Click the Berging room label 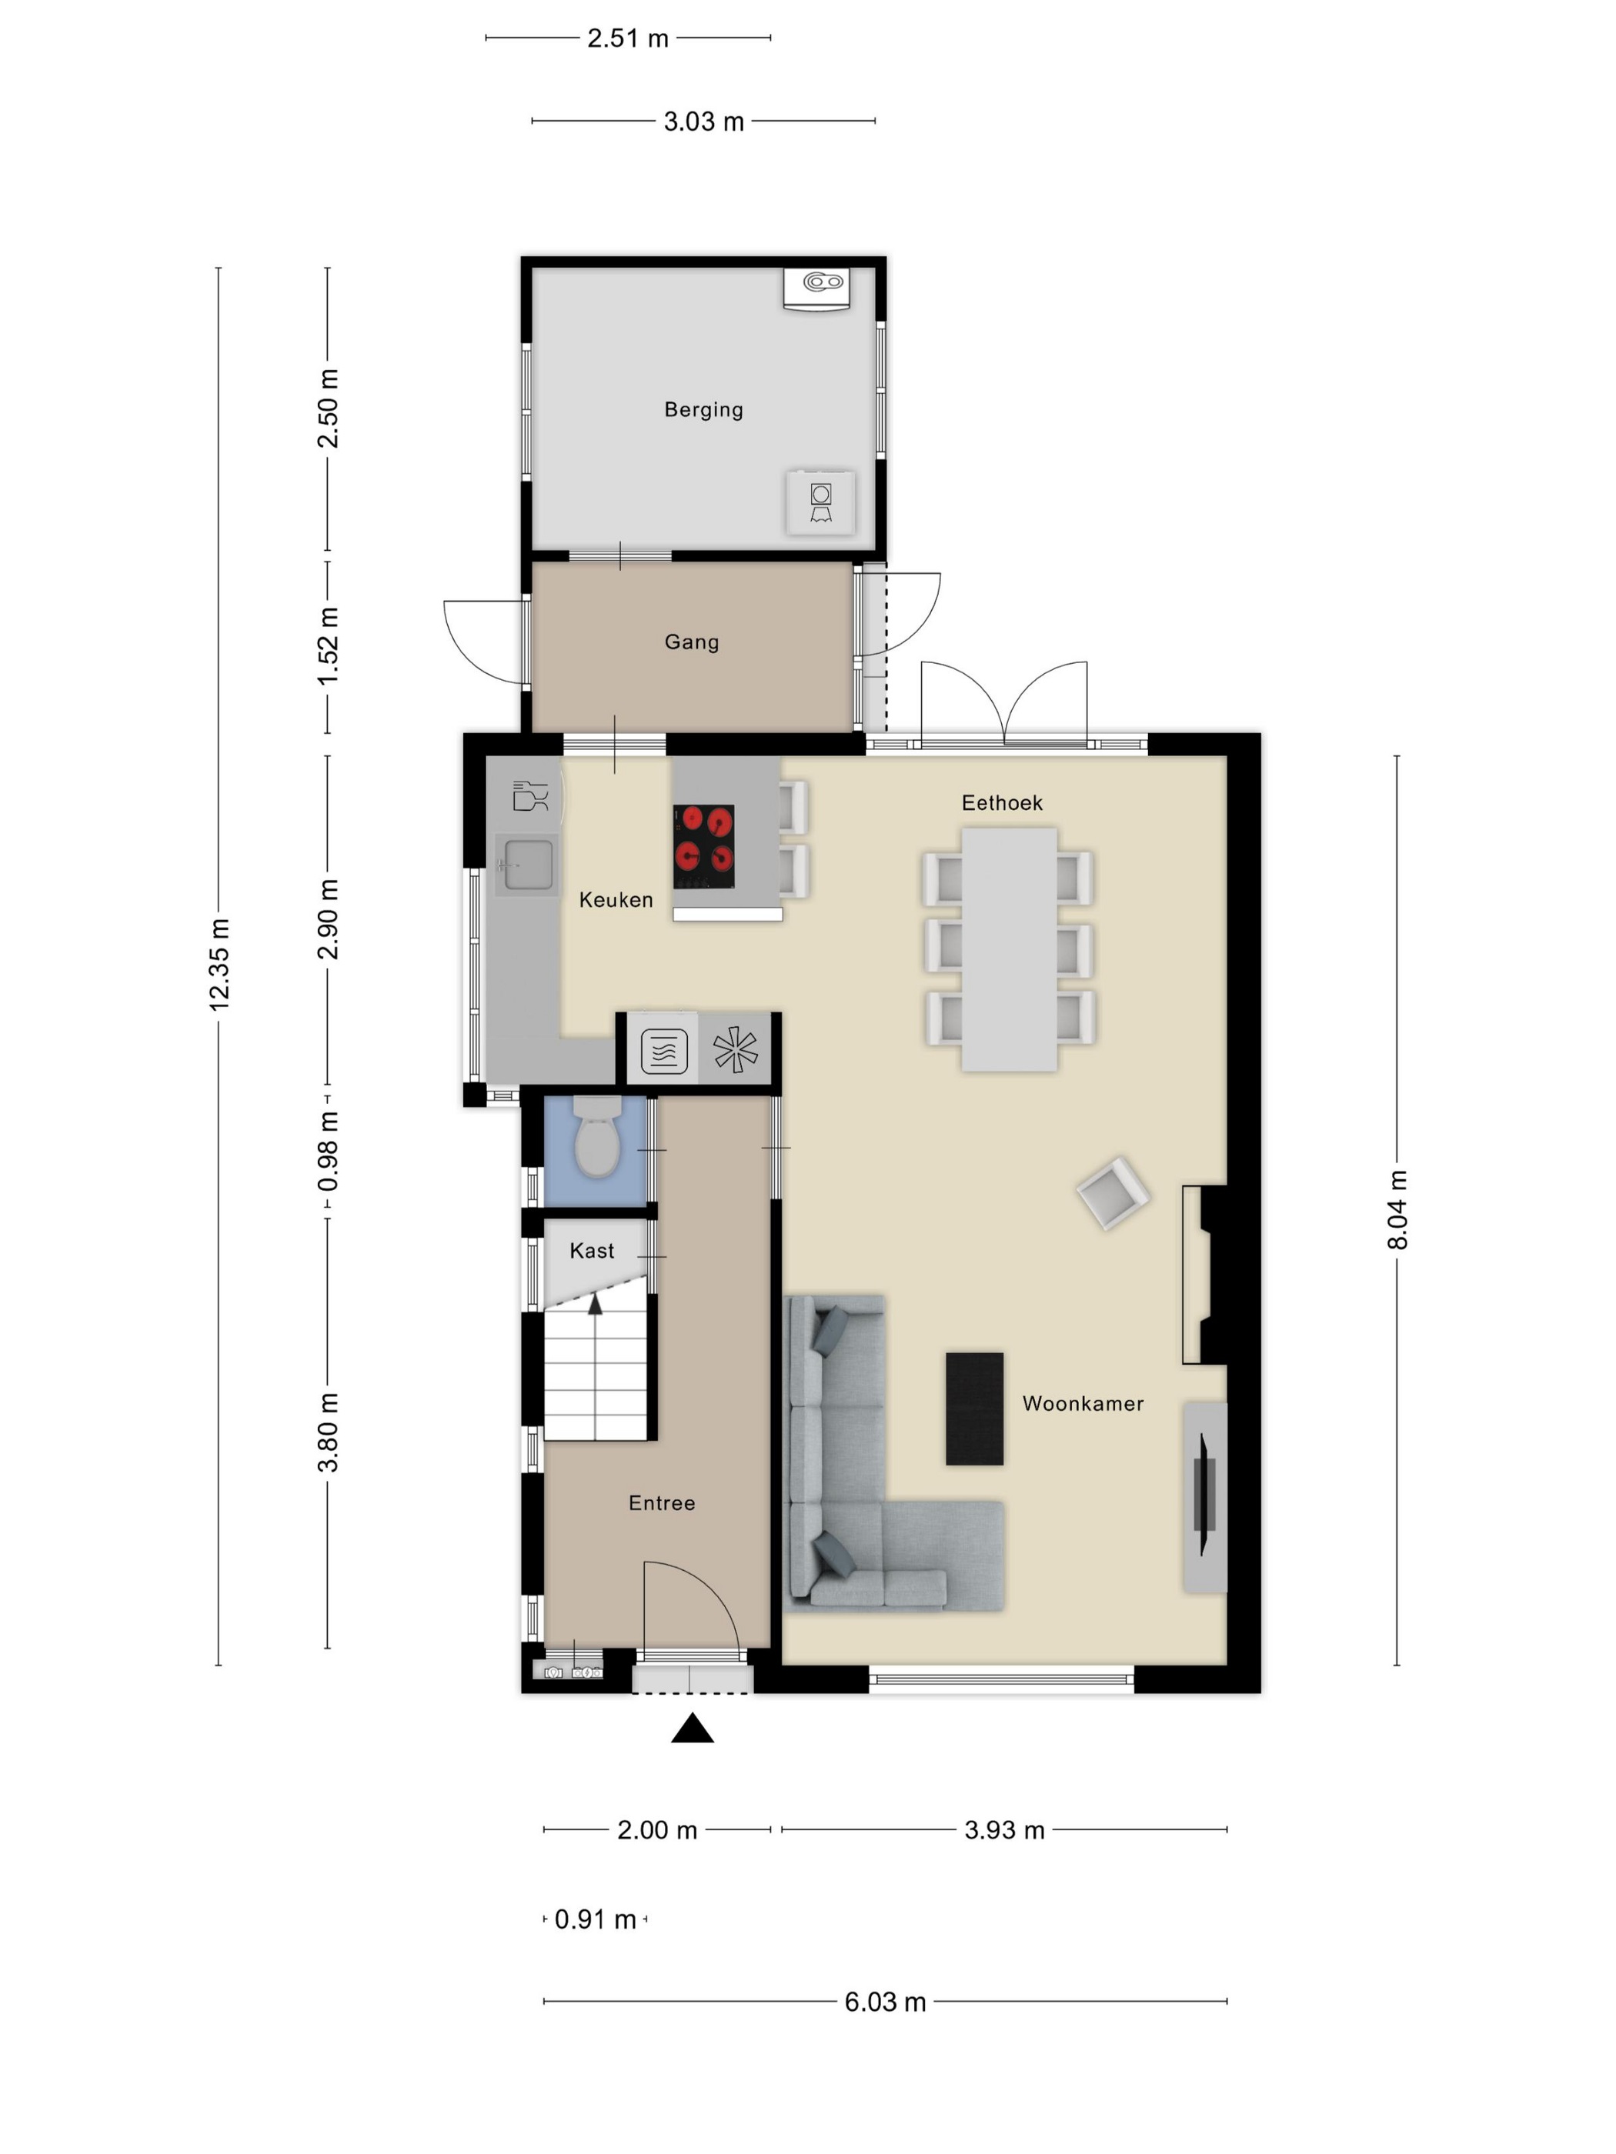703,410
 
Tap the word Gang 692,642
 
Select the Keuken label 616,900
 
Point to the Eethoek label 1001,802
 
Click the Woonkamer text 1082,1403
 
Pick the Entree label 661,1502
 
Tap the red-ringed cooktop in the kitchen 703,845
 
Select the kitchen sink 528,865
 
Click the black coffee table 974,1408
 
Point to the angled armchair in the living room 1114,1193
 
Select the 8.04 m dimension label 1397,1209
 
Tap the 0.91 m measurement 595,1919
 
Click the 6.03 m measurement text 884,2002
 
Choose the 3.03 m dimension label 703,122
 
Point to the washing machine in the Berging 820,502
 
